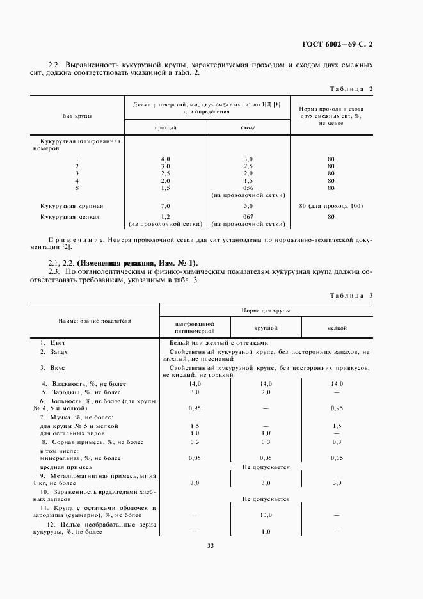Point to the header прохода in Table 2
pyautogui.click(x=166, y=127)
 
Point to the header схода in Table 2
pyautogui.click(x=248, y=127)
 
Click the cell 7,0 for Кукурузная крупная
pyautogui.click(x=166, y=205)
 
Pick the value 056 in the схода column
pyautogui.click(x=248, y=188)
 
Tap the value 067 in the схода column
pyautogui.click(x=248, y=217)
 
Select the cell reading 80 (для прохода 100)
pyautogui.click(x=331, y=205)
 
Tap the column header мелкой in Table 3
pyautogui.click(x=337, y=328)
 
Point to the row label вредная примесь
pyautogui.click(x=59, y=467)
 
